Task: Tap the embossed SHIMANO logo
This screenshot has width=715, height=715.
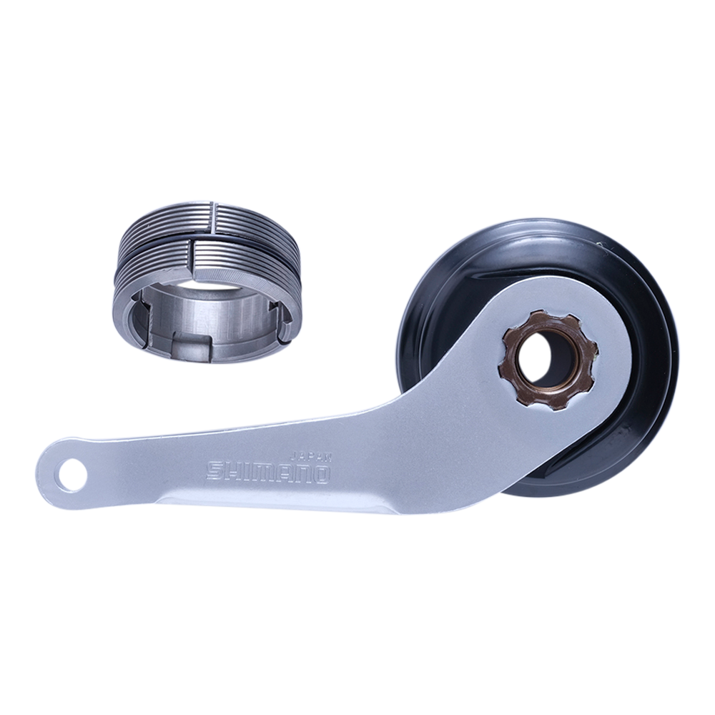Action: (x=267, y=471)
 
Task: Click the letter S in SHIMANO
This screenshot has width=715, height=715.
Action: (x=215, y=470)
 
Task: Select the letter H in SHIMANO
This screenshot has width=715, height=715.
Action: (x=234, y=470)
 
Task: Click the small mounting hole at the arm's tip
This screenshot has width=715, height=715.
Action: (x=70, y=475)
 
